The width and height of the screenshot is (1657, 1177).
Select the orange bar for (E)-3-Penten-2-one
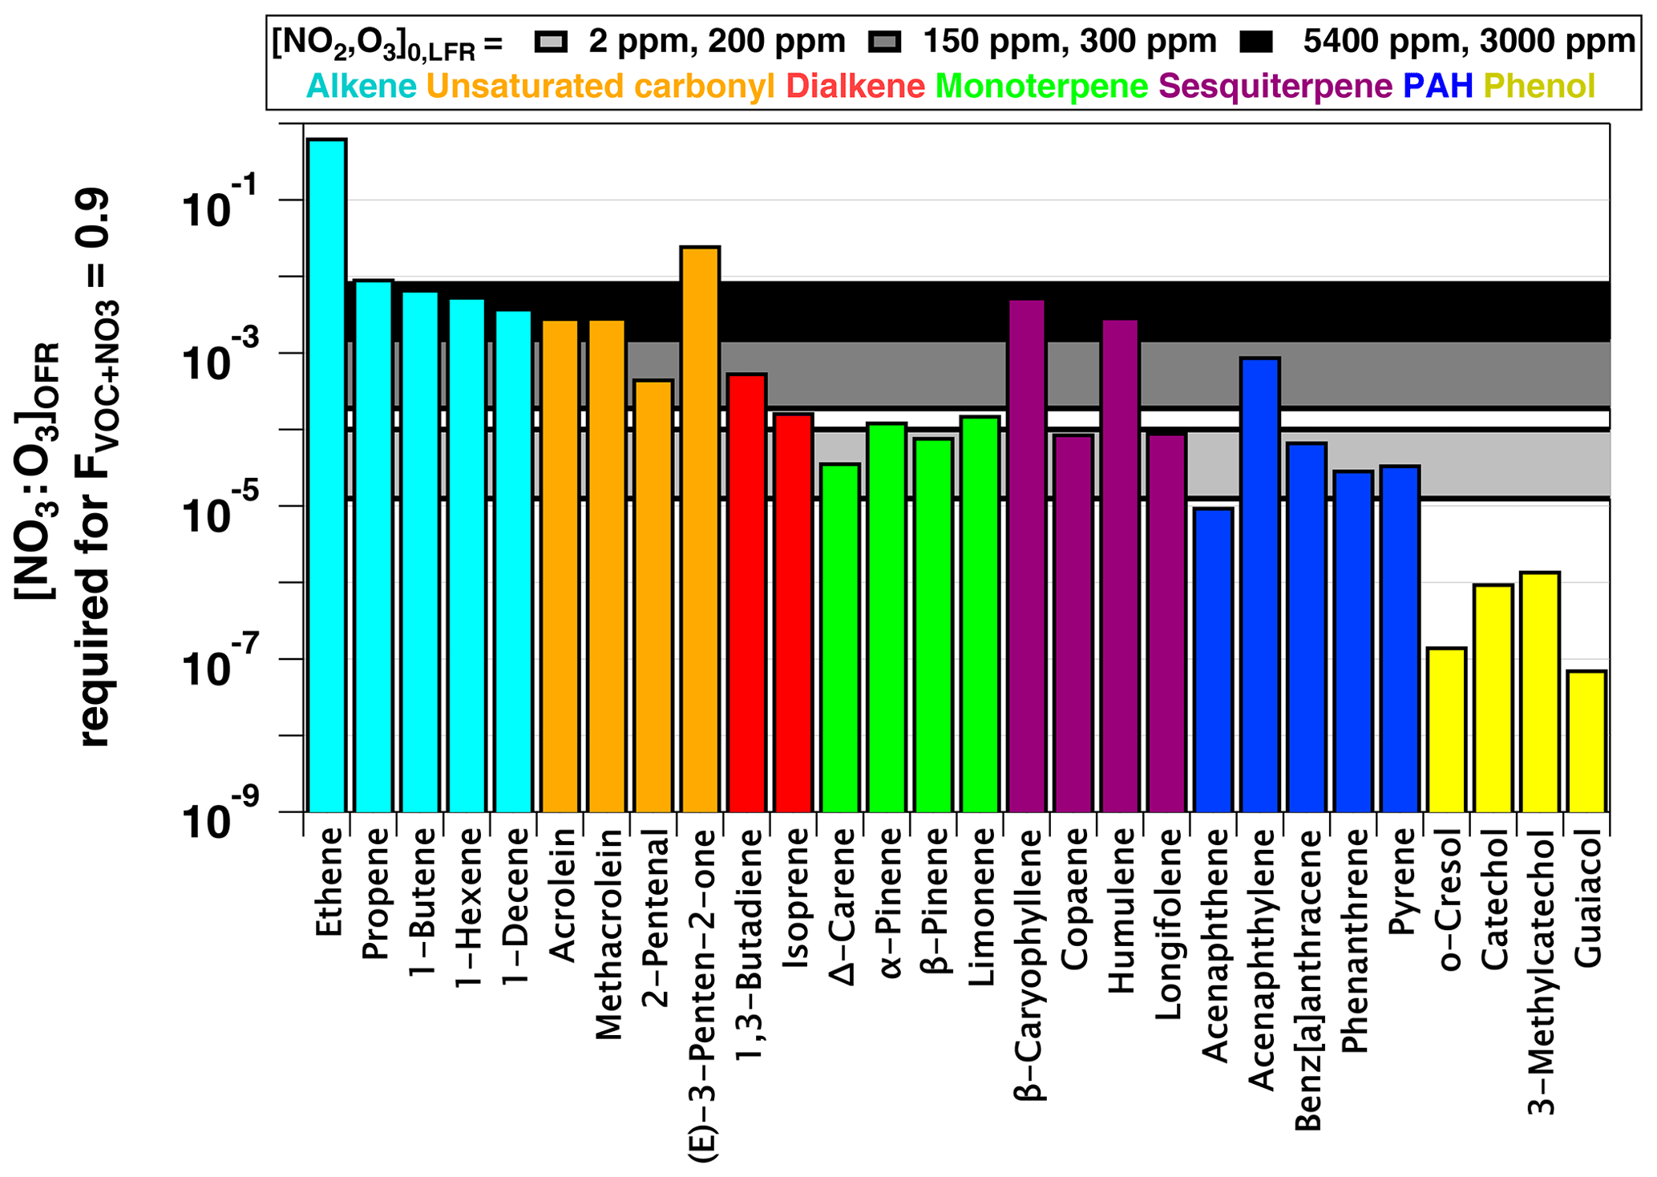[x=700, y=529]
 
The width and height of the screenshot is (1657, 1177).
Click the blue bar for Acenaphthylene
[x=1259, y=584]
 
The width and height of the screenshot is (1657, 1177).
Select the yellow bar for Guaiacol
[x=1586, y=741]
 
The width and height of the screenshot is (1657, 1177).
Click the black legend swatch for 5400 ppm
[x=1256, y=42]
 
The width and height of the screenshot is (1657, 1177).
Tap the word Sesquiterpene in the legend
[x=1275, y=86]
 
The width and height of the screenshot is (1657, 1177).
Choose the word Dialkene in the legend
[x=855, y=86]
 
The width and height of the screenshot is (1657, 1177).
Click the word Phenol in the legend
[x=1539, y=86]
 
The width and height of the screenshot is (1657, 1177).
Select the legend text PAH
[x=1438, y=86]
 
